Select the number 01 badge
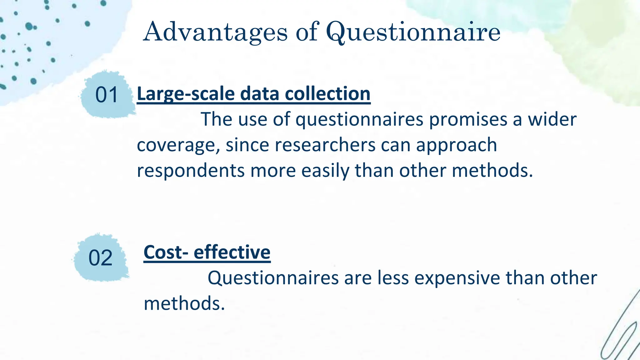(107, 95)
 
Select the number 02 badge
(100, 258)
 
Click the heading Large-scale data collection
(253, 94)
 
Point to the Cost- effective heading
(207, 252)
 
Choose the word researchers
(325, 145)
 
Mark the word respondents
(191, 171)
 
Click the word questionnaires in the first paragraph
(359, 120)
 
